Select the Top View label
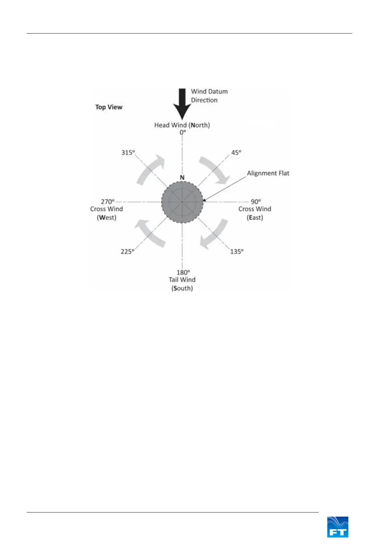tap(108, 107)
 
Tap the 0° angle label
tap(182, 133)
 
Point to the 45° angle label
tap(236, 152)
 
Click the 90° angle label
tap(256, 202)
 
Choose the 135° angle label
tap(237, 251)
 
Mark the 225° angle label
tap(127, 251)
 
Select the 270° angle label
tap(108, 202)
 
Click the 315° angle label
tap(128, 152)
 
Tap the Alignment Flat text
tap(268, 173)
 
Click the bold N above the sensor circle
tap(182, 177)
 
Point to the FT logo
tap(338, 527)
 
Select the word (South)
tap(182, 288)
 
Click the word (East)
tap(255, 218)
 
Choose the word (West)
tap(107, 218)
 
